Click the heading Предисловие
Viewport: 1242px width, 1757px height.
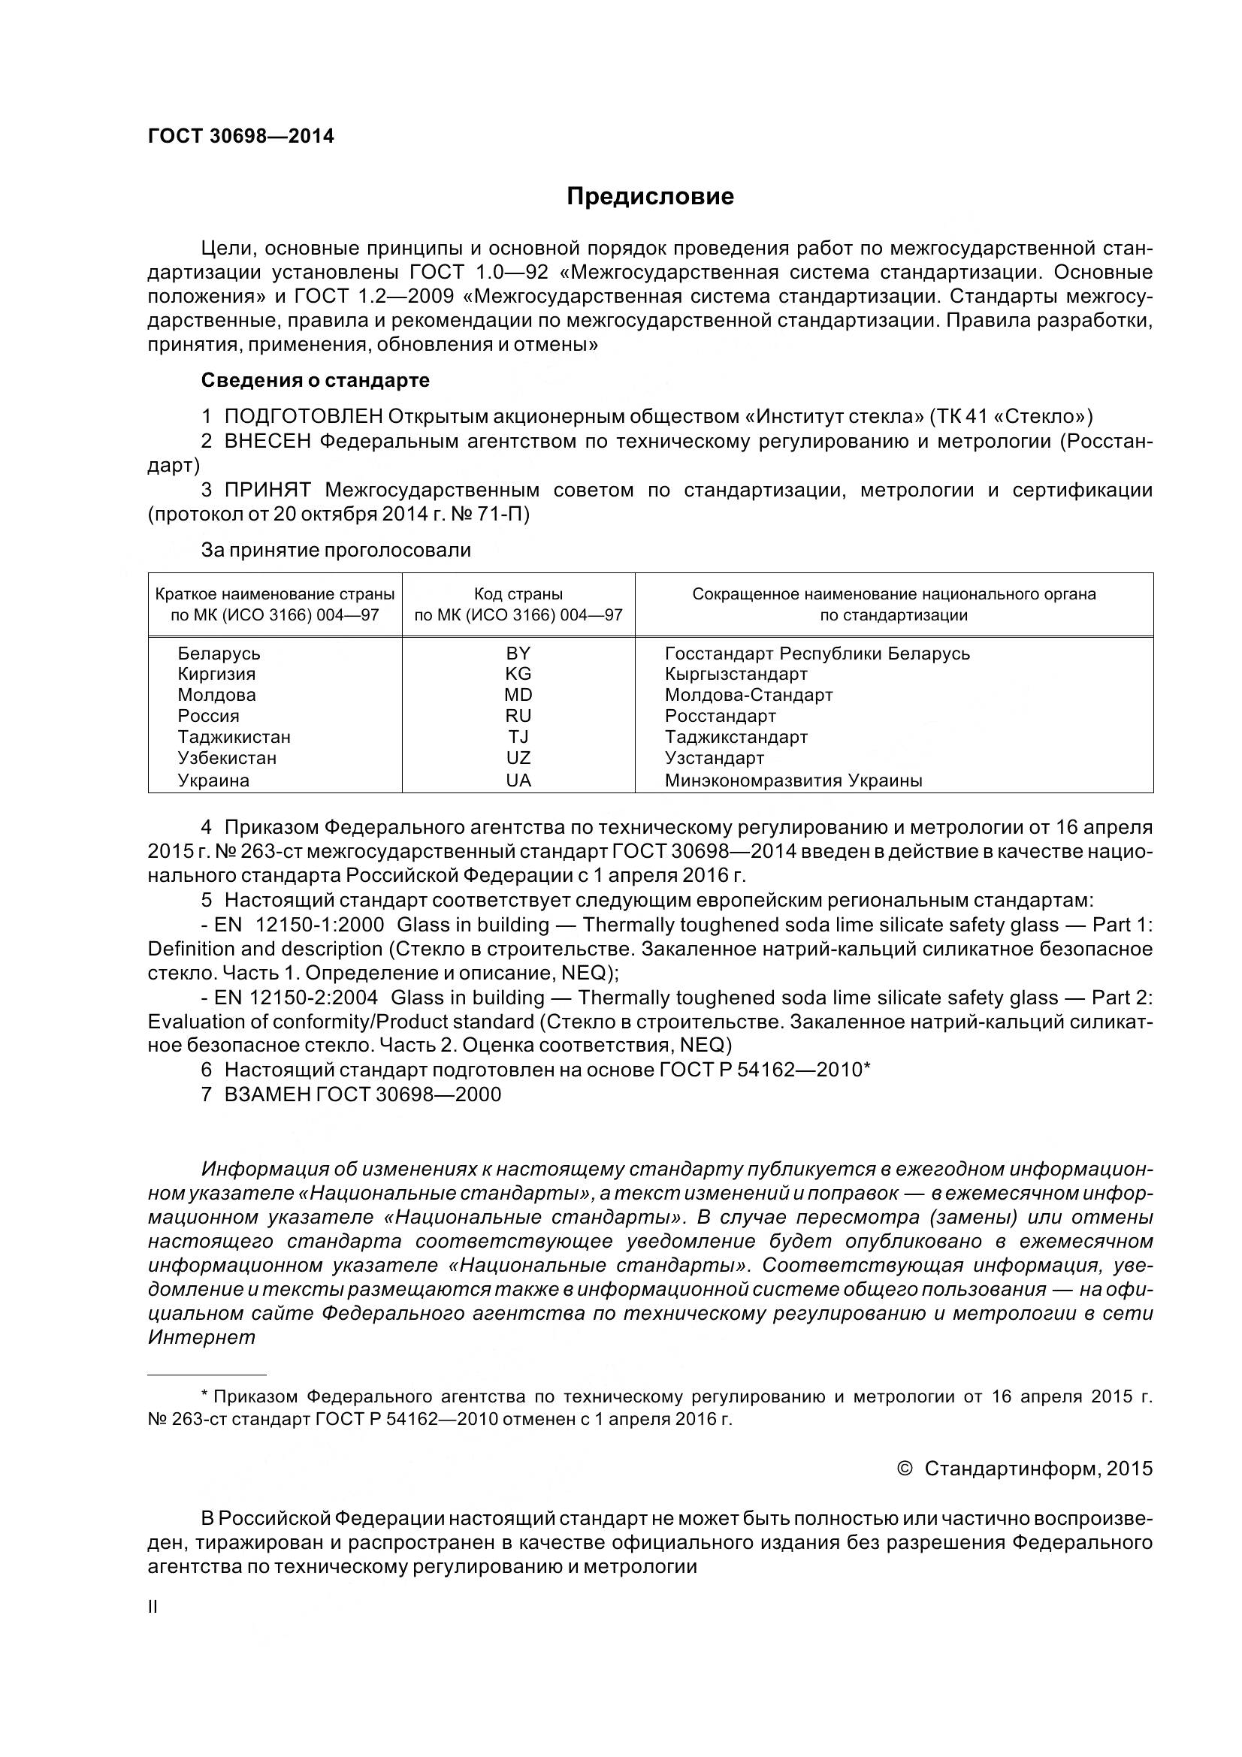[x=650, y=197]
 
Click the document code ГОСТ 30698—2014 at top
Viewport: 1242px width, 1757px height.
[x=241, y=136]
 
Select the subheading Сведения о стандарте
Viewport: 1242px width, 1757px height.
[x=316, y=380]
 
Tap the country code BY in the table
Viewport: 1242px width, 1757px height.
[x=518, y=654]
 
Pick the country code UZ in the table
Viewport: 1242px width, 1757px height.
[x=518, y=759]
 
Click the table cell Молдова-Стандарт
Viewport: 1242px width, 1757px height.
[x=748, y=695]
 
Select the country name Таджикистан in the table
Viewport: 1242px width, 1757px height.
[x=234, y=737]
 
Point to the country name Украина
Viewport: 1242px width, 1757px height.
[x=213, y=780]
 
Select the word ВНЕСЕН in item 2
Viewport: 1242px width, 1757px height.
[x=267, y=441]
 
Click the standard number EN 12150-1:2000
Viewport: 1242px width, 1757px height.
[x=299, y=925]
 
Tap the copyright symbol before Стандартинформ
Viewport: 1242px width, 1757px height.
[x=904, y=1469]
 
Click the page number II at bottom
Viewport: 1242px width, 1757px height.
[x=153, y=1607]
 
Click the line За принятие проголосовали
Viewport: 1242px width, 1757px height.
[x=336, y=549]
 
